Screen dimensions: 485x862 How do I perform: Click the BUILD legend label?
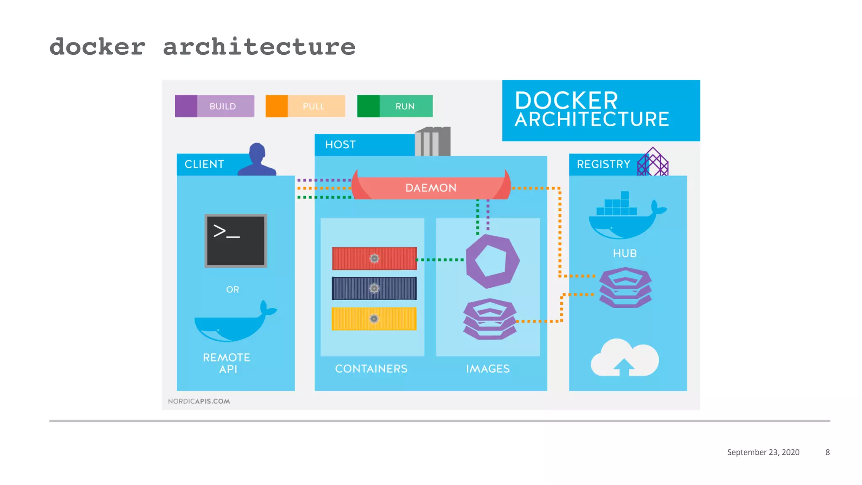[x=223, y=106]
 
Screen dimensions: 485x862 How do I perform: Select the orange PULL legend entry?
[x=306, y=106]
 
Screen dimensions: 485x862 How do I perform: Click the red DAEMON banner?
[x=431, y=187]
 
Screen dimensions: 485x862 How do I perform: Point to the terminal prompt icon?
[x=236, y=241]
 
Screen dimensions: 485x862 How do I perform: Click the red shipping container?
[x=374, y=258]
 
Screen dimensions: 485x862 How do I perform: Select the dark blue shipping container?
[x=374, y=288]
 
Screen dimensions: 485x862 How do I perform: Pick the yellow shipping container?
[x=374, y=319]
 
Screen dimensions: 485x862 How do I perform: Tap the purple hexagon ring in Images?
[x=492, y=261]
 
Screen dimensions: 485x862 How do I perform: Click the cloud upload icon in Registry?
[x=625, y=358]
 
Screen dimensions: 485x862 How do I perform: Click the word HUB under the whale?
[x=625, y=253]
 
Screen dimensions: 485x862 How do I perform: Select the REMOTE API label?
[x=227, y=363]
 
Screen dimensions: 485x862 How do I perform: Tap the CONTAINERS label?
[x=371, y=369]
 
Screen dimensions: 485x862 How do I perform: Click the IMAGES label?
[x=487, y=369]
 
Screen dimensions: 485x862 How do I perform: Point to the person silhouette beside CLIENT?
[x=257, y=160]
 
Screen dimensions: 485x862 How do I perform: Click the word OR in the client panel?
[x=232, y=290]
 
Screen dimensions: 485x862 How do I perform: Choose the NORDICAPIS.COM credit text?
[x=199, y=401]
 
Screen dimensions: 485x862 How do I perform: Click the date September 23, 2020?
[x=763, y=452]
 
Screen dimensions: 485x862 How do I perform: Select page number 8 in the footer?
[x=827, y=452]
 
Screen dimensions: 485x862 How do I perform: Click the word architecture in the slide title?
[x=259, y=46]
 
